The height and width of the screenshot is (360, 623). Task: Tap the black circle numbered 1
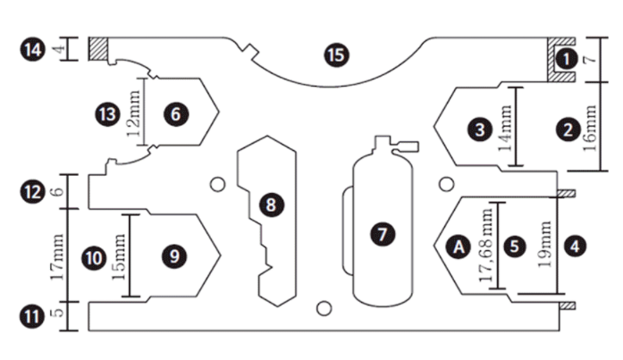point(563,58)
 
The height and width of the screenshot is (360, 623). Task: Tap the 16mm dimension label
point(591,130)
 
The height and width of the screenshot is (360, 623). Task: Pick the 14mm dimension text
point(506,130)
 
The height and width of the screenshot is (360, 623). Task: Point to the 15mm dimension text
point(121,257)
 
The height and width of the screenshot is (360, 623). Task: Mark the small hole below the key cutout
point(324,308)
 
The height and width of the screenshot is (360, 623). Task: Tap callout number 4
point(575,243)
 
